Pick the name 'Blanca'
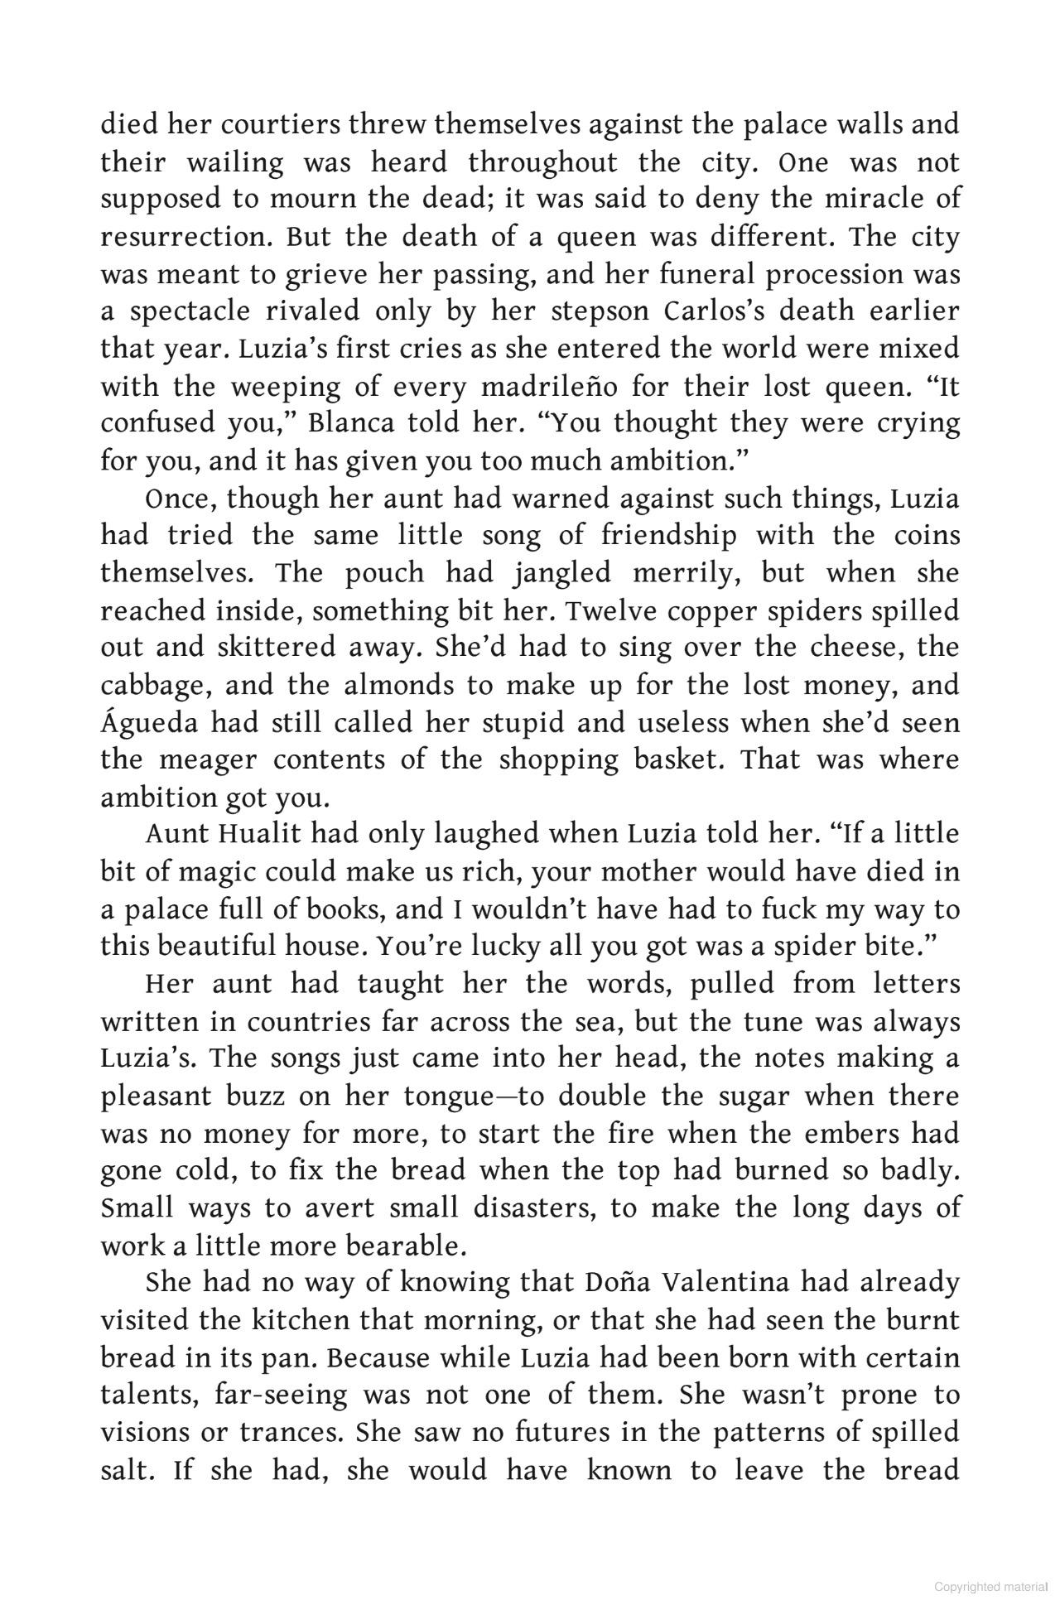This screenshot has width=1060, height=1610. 349,423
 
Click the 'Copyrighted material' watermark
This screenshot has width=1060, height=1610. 992,1587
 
